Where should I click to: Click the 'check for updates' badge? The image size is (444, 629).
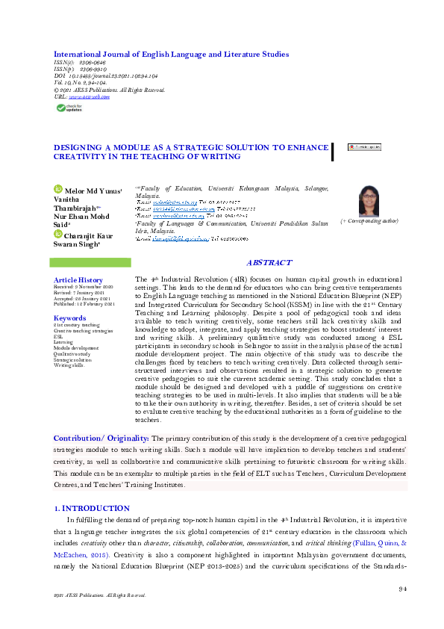(x=72, y=108)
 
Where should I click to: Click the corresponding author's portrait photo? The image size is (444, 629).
(x=369, y=200)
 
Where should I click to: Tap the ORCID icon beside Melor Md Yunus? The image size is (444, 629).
(x=57, y=190)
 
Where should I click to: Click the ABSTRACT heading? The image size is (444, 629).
(x=269, y=263)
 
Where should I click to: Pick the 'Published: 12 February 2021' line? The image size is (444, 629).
(x=84, y=303)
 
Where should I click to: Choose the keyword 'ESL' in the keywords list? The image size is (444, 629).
(x=57, y=337)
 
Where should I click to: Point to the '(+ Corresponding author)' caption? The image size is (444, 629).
(x=369, y=222)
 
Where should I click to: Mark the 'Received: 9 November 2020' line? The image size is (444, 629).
(x=84, y=286)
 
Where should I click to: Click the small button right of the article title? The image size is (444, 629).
(x=363, y=147)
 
